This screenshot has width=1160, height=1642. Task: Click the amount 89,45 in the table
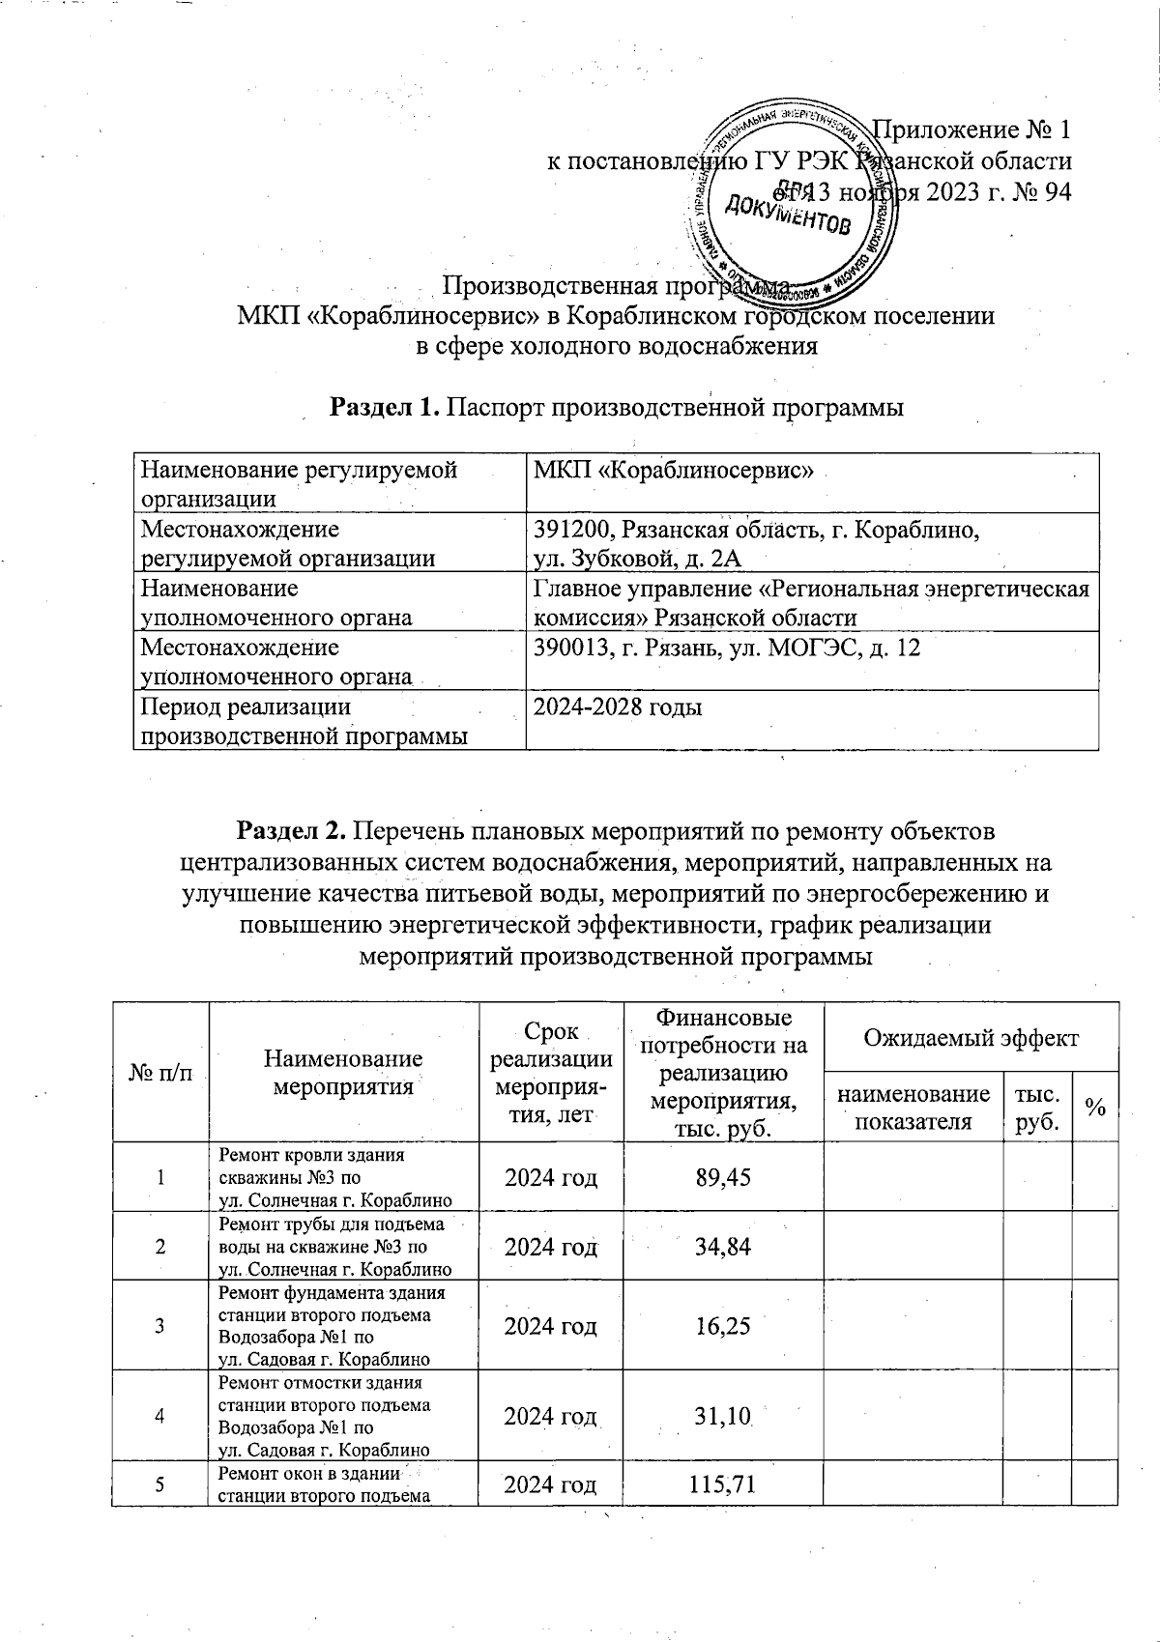click(x=724, y=1176)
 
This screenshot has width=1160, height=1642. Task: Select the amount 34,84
click(x=724, y=1246)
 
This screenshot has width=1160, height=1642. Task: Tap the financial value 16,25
click(x=724, y=1325)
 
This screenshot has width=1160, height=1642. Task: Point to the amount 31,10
click(x=724, y=1416)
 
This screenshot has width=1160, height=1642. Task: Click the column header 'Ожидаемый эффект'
click(x=971, y=1038)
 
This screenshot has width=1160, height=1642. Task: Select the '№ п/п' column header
click(x=160, y=1073)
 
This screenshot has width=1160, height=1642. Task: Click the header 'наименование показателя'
click(x=913, y=1107)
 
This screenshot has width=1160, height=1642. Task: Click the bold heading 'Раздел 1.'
click(x=386, y=408)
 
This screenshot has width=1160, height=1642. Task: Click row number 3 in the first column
click(x=160, y=1325)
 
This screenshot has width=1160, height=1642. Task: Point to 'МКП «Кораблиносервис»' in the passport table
click(x=674, y=471)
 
